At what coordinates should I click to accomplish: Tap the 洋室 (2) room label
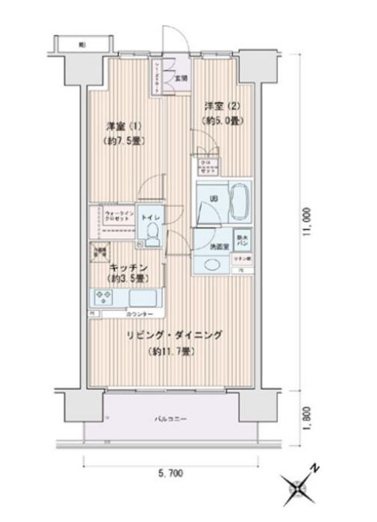[x=219, y=106]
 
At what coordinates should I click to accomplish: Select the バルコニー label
[x=171, y=418]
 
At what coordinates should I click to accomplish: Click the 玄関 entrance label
[x=181, y=77]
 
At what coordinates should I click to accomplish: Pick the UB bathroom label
[x=214, y=199]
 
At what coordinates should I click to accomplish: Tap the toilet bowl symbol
[x=152, y=237]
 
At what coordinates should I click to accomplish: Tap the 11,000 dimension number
[x=307, y=221]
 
